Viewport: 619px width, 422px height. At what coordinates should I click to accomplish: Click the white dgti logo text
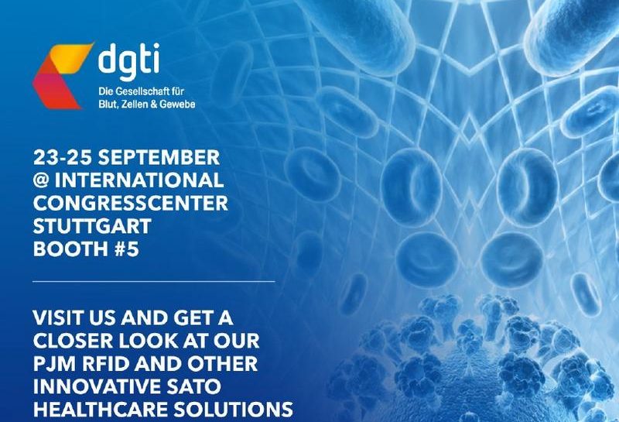128,60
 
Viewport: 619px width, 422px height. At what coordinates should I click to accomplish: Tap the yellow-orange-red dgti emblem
63,76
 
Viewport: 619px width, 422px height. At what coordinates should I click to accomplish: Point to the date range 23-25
63,157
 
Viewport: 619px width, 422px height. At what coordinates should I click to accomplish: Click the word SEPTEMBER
159,157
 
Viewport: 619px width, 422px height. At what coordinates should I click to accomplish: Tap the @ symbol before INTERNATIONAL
41,180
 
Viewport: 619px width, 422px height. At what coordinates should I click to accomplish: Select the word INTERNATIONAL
139,180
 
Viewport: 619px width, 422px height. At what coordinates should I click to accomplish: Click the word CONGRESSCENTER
131,203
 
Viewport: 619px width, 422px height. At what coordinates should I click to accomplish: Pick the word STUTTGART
92,226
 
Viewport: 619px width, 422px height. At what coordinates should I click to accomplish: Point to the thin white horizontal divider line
153,281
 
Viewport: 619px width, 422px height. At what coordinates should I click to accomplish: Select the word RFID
107,364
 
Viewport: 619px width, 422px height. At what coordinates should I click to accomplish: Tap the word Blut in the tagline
107,105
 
